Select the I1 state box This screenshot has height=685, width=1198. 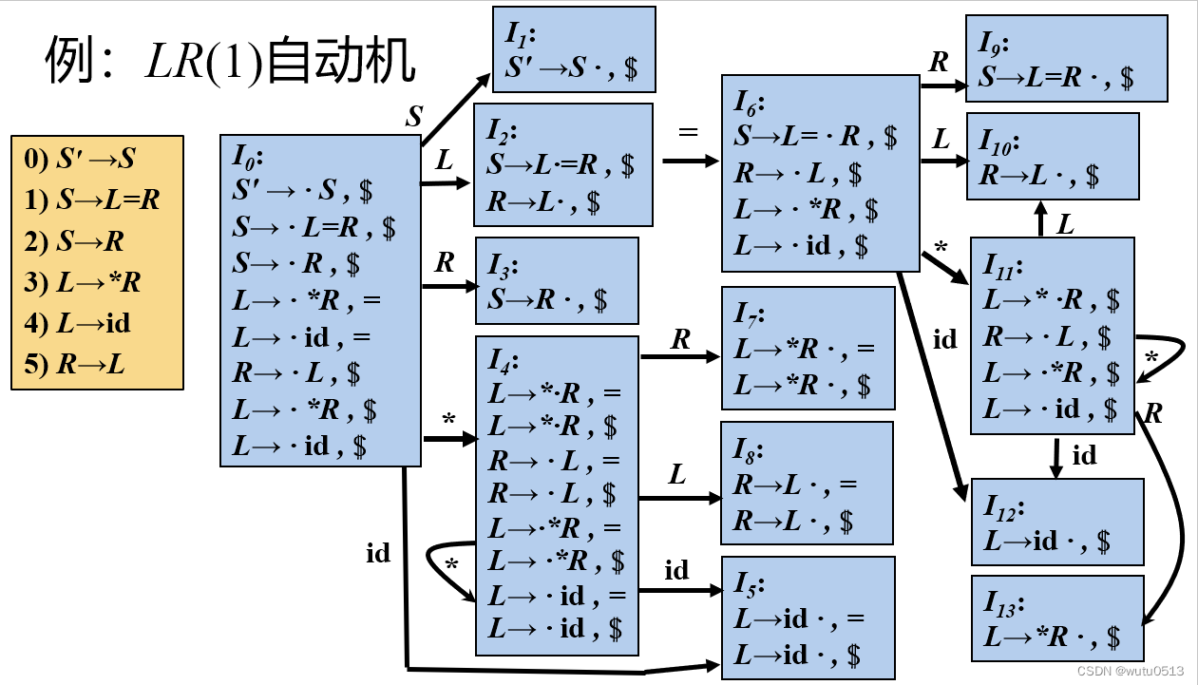tap(574, 49)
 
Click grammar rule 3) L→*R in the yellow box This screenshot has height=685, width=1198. tap(78, 282)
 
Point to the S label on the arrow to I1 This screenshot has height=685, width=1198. tap(414, 117)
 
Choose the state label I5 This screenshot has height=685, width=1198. tap(748, 581)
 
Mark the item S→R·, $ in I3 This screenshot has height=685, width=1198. tap(548, 300)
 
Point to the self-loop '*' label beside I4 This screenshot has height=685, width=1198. tap(451, 565)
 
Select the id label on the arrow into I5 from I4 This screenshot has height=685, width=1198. tap(676, 570)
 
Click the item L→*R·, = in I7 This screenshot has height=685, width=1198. tap(804, 350)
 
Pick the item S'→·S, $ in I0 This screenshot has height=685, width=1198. tap(302, 191)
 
